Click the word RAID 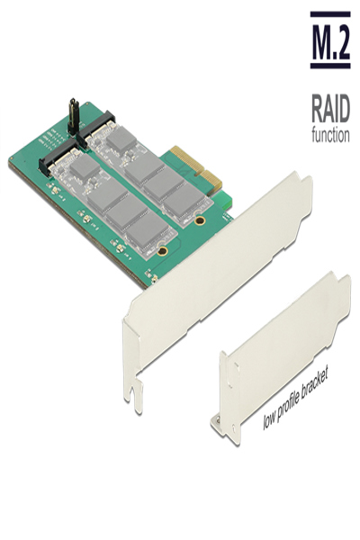pos(329,112)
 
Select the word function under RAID pos(329,136)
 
